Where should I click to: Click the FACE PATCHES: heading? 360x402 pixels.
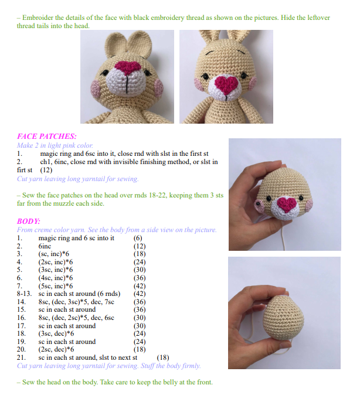point(47,136)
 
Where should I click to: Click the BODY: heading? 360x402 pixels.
point(29,221)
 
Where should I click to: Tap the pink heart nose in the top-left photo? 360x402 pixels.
point(128,68)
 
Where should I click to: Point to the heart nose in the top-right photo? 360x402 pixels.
point(226,84)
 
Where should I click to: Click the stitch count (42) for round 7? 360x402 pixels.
point(140,286)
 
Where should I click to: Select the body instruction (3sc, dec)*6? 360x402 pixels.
point(56,333)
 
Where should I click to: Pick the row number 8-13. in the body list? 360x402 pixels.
point(25,294)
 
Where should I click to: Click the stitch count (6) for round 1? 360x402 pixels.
point(138,238)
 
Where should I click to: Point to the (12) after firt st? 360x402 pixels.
point(46,170)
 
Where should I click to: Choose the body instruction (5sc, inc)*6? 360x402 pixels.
point(56,286)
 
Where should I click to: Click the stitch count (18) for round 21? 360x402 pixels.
point(162,357)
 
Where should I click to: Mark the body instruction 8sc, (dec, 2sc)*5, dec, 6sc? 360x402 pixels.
point(76,318)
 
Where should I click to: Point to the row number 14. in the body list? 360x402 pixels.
point(21,302)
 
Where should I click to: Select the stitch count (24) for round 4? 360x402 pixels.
point(140,262)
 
